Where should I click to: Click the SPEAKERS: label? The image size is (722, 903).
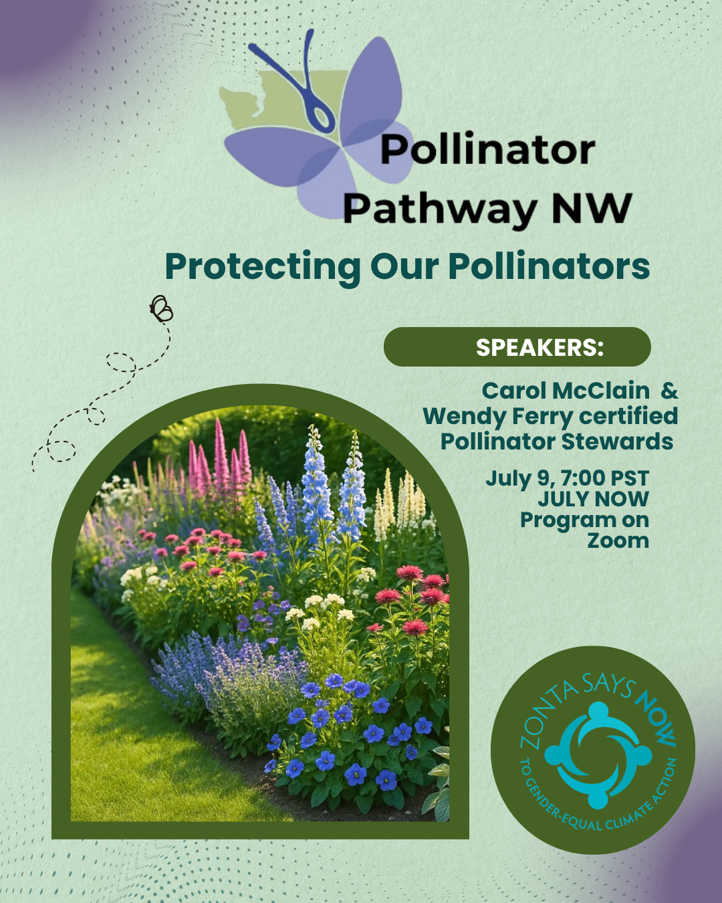click(x=539, y=347)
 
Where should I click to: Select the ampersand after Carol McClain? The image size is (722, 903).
click(x=669, y=391)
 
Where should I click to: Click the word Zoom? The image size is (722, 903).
click(x=618, y=540)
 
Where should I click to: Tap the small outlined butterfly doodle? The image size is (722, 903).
click(x=161, y=309)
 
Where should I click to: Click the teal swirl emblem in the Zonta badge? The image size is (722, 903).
click(x=598, y=755)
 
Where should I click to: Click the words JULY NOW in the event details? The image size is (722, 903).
click(x=593, y=499)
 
